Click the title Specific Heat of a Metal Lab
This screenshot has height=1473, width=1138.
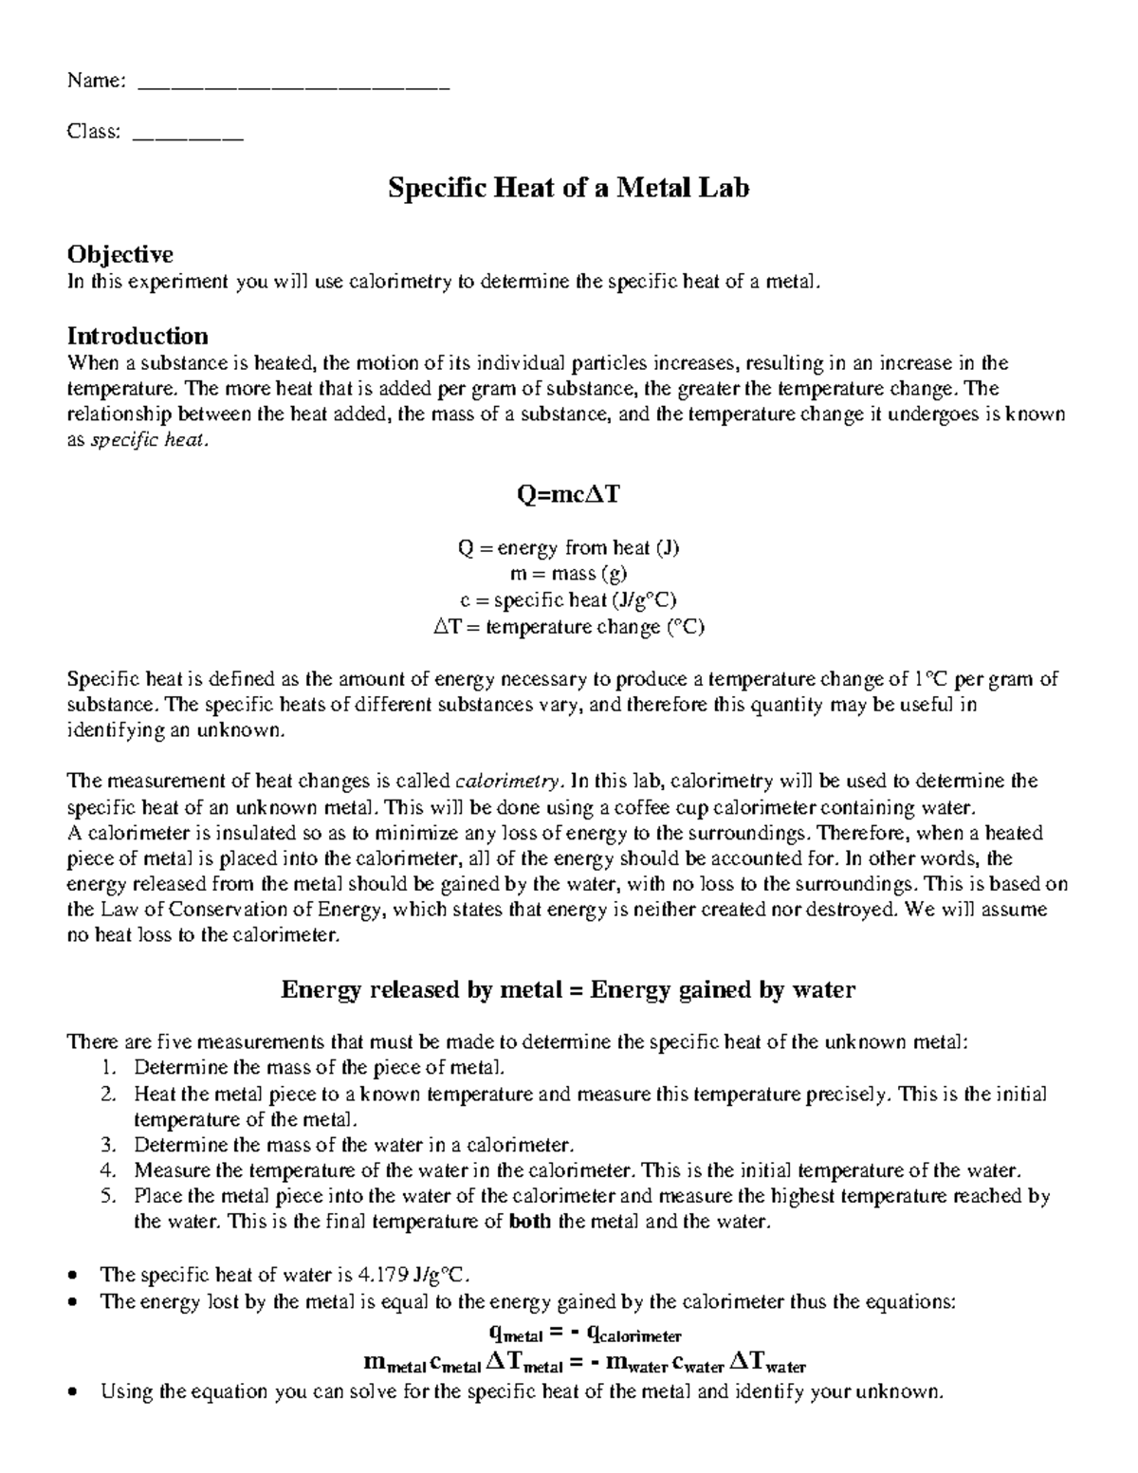pyautogui.click(x=568, y=188)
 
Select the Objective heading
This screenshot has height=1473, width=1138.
pyautogui.click(x=119, y=254)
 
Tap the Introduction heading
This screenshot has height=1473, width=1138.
pyautogui.click(x=138, y=336)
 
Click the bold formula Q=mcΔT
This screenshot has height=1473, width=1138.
pyautogui.click(x=568, y=495)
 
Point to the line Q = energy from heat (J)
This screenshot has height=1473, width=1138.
pyautogui.click(x=568, y=548)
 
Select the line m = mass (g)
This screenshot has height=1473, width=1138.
pyautogui.click(x=568, y=574)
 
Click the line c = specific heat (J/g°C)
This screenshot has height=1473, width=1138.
pyautogui.click(x=568, y=600)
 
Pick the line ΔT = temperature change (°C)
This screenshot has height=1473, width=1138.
pyautogui.click(x=568, y=627)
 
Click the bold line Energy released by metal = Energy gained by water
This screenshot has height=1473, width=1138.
pyautogui.click(x=568, y=990)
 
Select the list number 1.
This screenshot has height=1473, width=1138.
pyautogui.click(x=107, y=1067)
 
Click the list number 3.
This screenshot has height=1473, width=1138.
pyautogui.click(x=107, y=1144)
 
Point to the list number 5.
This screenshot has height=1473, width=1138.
pyautogui.click(x=107, y=1196)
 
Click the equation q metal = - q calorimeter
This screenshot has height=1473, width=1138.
pyautogui.click(x=568, y=1335)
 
